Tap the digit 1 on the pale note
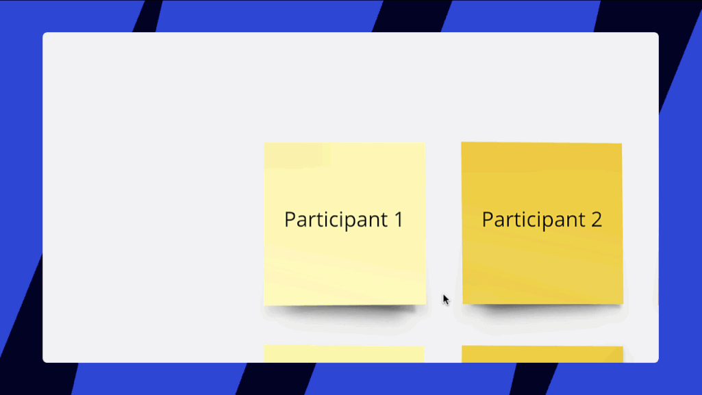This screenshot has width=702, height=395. pos(399,219)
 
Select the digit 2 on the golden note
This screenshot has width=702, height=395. pos(597,219)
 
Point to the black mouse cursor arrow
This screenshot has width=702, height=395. pos(445,300)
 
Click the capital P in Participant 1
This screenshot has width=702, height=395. pos(290,219)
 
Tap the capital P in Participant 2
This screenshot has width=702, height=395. pos(488,219)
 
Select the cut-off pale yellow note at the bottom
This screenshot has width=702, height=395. pos(344,354)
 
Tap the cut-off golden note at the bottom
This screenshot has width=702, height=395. pos(542,355)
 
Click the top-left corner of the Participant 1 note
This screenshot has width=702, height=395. pos(264,143)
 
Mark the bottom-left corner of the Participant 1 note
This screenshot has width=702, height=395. pos(264,305)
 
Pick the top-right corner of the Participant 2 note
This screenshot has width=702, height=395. pos(622,144)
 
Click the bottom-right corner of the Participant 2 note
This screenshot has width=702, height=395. pos(623,304)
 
